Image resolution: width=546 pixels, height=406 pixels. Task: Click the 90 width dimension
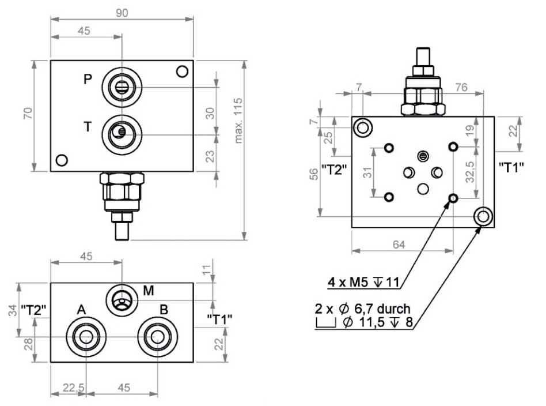122,12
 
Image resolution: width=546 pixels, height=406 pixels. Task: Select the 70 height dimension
27,115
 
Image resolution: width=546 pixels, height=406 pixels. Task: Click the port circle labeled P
122,87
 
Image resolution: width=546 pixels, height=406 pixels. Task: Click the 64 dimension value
399,245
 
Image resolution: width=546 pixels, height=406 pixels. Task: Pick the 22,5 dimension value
74,388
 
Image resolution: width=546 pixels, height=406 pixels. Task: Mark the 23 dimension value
211,156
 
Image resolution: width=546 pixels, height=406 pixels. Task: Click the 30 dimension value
211,112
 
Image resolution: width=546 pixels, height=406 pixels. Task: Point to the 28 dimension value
27,344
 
